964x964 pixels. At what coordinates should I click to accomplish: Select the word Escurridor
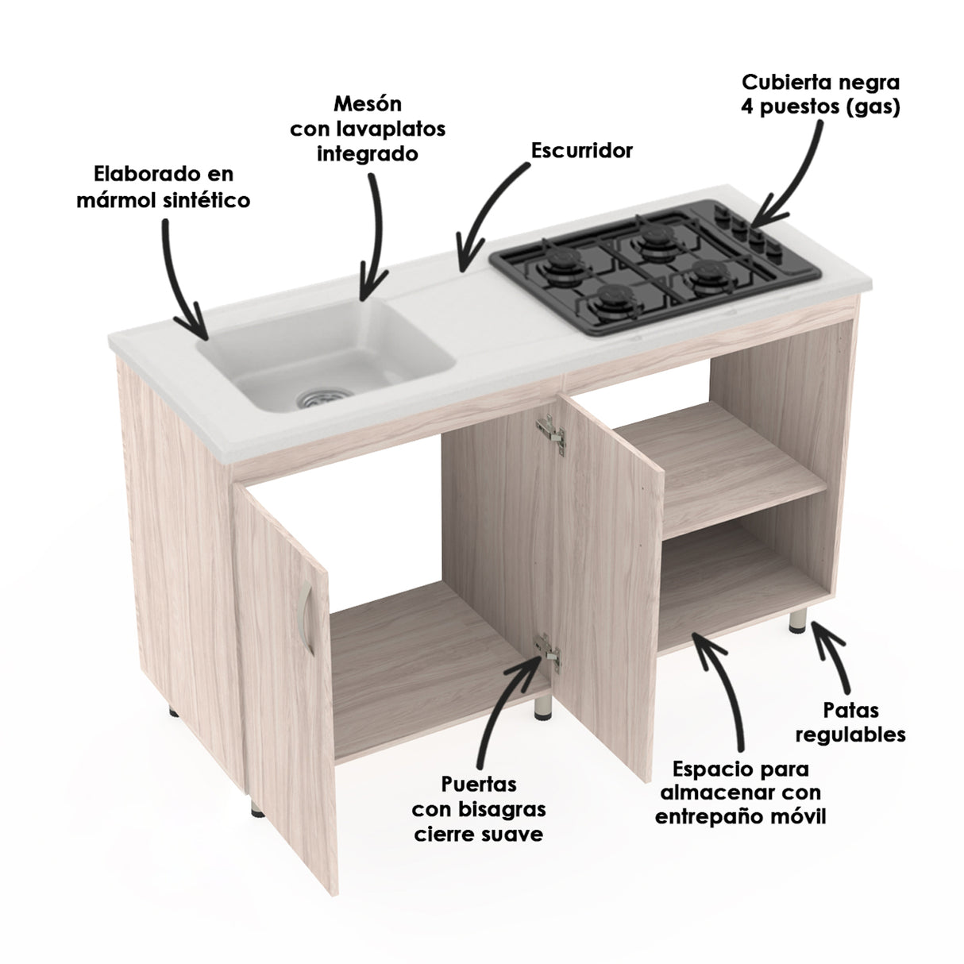pos(581,150)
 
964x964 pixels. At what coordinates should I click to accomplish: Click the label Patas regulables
pos(850,723)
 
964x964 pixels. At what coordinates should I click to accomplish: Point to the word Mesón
pos(368,105)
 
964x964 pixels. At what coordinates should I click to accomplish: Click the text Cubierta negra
pos(820,83)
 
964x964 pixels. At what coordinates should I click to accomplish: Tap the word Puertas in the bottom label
pos(479,785)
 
